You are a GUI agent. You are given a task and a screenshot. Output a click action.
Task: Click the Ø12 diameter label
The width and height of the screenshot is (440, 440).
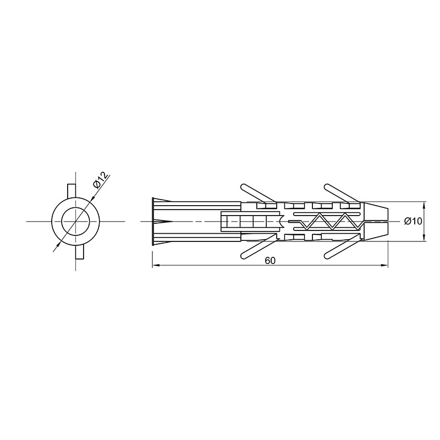101,180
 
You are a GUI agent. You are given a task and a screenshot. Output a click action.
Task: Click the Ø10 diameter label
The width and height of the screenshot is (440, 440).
413,222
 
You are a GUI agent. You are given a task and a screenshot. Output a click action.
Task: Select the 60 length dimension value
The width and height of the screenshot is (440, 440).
270,261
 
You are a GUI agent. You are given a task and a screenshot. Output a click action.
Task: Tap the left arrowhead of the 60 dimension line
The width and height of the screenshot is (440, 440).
156,265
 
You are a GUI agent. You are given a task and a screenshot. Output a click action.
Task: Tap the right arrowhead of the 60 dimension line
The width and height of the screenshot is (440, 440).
384,265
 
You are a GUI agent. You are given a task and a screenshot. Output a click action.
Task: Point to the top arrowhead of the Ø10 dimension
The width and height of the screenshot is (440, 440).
424,206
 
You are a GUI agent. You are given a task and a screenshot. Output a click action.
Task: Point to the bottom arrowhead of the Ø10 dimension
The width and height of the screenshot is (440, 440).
424,237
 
